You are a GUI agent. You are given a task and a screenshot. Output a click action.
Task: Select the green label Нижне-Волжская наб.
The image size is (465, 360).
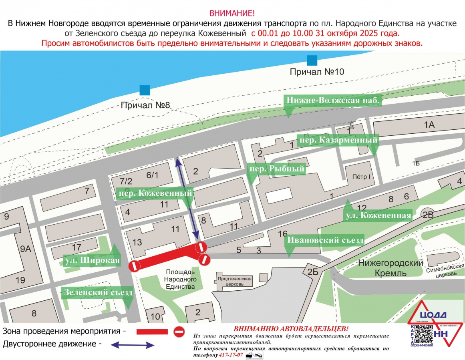(x=332, y=101)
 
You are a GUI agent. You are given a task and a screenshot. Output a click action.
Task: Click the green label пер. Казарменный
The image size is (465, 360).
(x=338, y=141)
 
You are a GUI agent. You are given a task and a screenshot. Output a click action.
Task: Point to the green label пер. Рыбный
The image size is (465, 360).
(x=277, y=169)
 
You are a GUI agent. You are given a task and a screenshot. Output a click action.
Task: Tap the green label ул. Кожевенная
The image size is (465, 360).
(x=378, y=215)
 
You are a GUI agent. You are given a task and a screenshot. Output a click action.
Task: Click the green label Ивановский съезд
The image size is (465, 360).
(x=324, y=240)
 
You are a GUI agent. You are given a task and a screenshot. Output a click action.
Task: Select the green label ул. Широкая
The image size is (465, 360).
(x=92, y=261)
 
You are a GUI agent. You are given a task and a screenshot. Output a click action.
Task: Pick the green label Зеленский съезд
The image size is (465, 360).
(x=97, y=293)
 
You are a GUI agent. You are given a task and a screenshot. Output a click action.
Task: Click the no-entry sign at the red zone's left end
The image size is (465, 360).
(x=134, y=265)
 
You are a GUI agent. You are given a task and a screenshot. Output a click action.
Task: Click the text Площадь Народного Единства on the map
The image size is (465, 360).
(x=180, y=279)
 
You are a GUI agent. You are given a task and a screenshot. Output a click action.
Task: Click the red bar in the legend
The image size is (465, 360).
(x=152, y=332)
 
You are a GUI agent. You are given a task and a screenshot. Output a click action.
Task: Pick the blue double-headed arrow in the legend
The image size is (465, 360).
(x=133, y=344)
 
